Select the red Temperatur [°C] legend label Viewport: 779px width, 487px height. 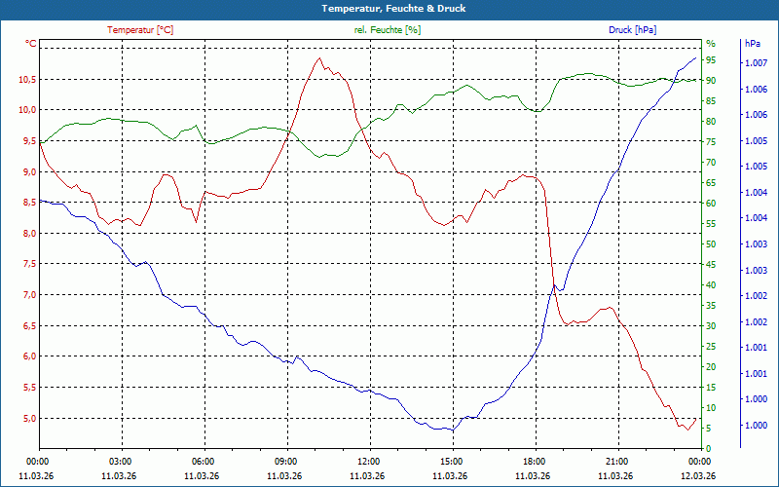click(140, 30)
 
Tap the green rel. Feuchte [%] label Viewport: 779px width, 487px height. click(388, 30)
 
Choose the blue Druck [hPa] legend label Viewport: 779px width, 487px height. click(632, 30)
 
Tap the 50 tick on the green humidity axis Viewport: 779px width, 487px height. click(711, 243)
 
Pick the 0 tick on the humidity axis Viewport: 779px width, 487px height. click(708, 448)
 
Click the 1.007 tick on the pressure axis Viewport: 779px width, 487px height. click(755, 63)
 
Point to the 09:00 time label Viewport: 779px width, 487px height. click(285, 462)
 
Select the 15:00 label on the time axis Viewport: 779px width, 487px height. click(450, 462)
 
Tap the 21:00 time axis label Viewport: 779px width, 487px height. click(615, 462)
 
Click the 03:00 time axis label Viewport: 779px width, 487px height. click(121, 462)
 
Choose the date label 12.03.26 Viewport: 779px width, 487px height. click(697, 475)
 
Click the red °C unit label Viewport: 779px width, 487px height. click(31, 44)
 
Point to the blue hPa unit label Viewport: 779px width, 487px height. click(752, 44)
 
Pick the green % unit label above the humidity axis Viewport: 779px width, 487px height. click(710, 44)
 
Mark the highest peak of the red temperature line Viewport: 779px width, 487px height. click(318, 58)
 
